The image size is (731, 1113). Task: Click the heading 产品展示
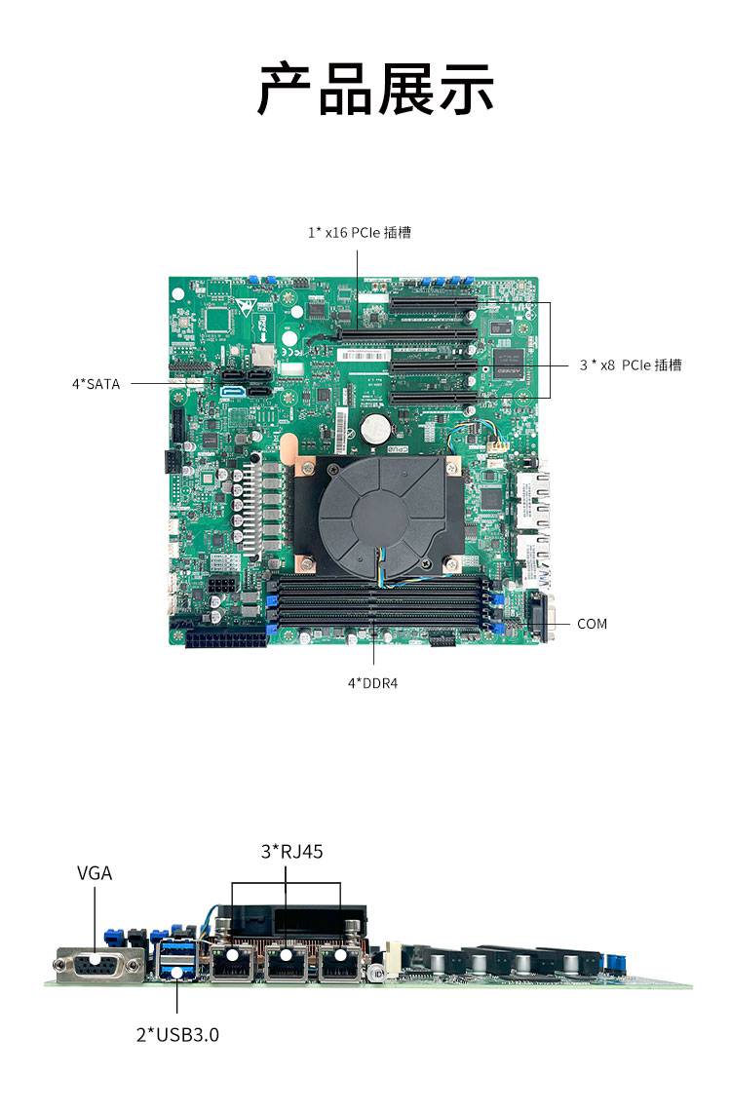(x=375, y=90)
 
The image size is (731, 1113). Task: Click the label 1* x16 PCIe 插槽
(x=359, y=232)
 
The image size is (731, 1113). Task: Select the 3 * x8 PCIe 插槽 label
(x=630, y=365)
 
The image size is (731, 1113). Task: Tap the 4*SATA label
(x=96, y=384)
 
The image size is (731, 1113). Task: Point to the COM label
(x=592, y=624)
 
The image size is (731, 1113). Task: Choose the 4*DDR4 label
(x=372, y=683)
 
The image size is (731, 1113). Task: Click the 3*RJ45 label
(x=291, y=852)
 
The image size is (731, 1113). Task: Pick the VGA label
(x=95, y=873)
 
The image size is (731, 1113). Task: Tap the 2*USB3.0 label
(x=177, y=1034)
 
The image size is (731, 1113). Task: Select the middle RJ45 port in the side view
(x=286, y=962)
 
